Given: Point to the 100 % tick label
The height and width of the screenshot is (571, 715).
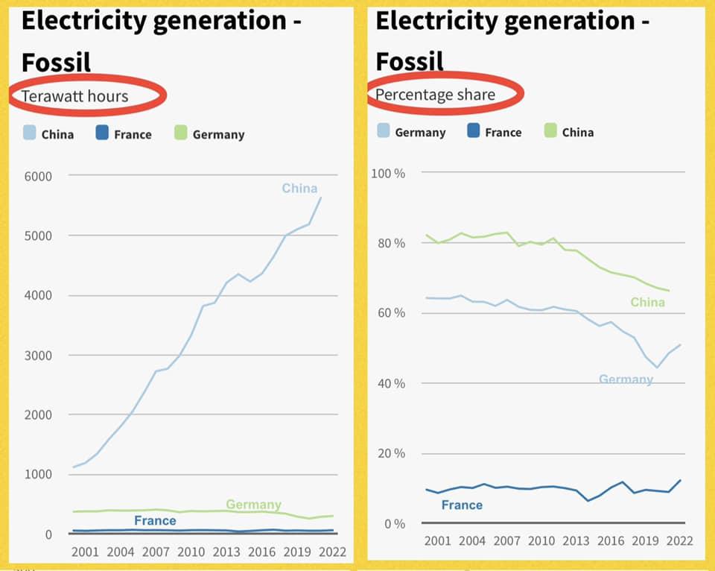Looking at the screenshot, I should tap(388, 173).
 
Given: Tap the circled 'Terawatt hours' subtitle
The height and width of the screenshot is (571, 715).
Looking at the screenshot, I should tap(74, 96).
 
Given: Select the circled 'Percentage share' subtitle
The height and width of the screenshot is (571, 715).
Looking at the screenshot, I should tap(435, 95).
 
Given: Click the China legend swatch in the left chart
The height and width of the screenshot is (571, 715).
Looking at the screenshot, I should tap(29, 133).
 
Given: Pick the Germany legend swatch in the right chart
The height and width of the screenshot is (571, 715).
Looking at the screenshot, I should tap(384, 131).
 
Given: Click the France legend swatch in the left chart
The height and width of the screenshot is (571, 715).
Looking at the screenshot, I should tap(103, 133).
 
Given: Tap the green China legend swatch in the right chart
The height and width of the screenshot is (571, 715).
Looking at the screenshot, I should tap(551, 131).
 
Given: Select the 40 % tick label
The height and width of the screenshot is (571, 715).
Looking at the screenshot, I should tap(390, 384).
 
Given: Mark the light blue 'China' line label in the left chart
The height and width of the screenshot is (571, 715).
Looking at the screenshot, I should tap(299, 189).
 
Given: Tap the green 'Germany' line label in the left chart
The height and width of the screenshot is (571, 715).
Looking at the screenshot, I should tap(253, 505).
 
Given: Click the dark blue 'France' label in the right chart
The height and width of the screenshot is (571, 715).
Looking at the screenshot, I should tap(462, 505).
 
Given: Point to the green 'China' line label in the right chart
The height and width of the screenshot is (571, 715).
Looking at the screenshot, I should tap(647, 302).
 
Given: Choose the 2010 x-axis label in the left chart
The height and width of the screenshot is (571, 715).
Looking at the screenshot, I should tap(191, 552).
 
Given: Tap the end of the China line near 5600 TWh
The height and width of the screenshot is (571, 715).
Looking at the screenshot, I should tap(320, 198).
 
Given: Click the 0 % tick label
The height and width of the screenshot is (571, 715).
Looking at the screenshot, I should tap(393, 524).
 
